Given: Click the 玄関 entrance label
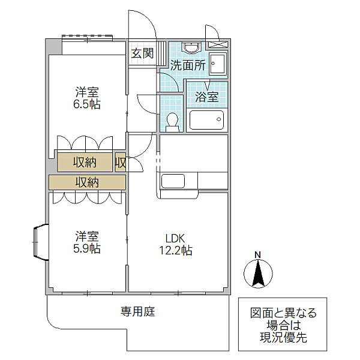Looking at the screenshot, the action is [142, 53].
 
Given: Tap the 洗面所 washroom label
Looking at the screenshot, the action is [188, 65].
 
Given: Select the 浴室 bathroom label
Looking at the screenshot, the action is [206, 97].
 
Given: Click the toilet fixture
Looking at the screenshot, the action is [172, 122].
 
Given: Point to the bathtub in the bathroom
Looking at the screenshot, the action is [206, 120].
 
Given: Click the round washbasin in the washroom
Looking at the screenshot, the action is [191, 48].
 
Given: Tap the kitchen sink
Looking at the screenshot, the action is [173, 181].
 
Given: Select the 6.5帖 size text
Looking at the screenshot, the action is [87, 104].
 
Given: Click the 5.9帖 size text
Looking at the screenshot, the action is [87, 248].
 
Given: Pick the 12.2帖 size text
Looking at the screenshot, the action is [176, 250].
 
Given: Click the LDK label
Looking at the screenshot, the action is [175, 239].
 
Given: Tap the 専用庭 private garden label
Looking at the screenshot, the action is [138, 311].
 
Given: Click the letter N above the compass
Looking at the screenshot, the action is [258, 255].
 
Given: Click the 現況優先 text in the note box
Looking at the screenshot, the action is [283, 337].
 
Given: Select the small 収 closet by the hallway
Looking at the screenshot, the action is [121, 163].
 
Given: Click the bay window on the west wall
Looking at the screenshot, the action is [41, 242].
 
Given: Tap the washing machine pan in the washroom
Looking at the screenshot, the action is [218, 64].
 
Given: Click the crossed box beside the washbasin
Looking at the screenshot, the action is [218, 44].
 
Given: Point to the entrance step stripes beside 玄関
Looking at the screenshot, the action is [162, 53].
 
